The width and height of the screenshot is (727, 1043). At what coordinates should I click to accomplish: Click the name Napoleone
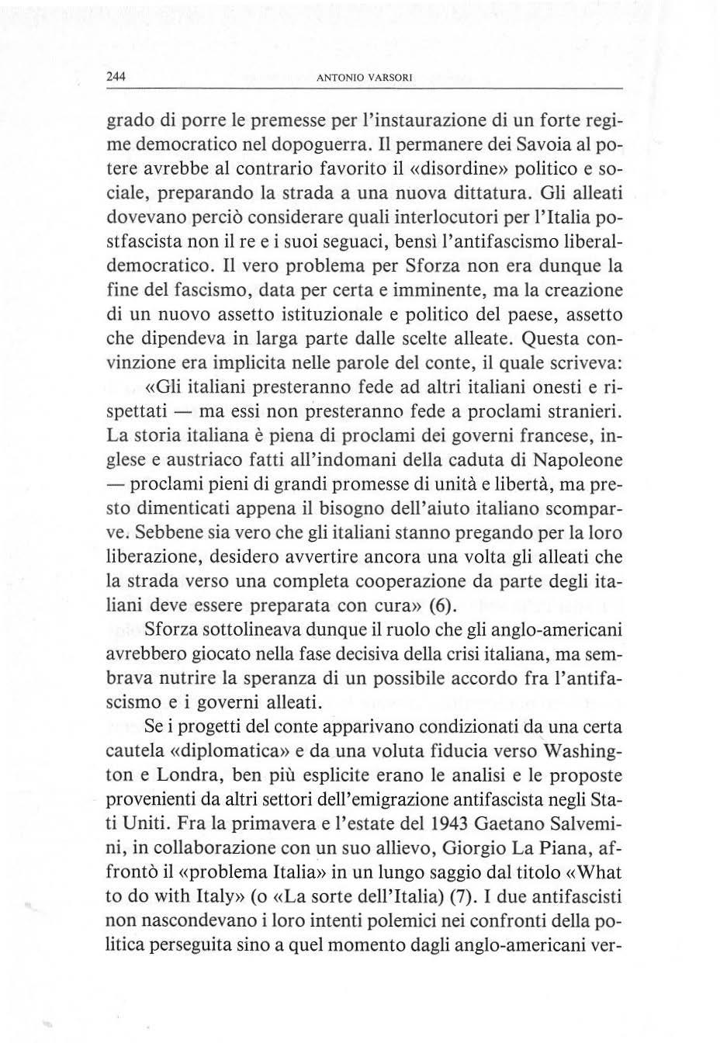click(x=577, y=459)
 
